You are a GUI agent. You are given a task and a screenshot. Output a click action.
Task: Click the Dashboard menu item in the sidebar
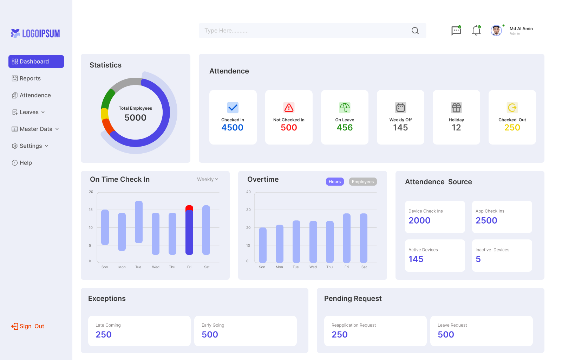point(36,62)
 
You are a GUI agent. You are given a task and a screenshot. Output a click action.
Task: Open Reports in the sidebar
point(30,78)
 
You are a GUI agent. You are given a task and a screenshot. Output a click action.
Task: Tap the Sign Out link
point(28,326)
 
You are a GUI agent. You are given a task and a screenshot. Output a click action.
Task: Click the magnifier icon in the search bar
point(415,31)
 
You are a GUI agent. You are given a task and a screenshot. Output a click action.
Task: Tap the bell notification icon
point(476,31)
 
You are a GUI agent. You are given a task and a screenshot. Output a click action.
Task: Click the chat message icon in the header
point(456,31)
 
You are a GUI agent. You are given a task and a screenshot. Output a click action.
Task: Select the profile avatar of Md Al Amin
point(496,31)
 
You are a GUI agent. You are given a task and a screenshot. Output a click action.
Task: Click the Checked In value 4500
point(232,128)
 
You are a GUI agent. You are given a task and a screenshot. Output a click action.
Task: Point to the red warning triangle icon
point(289,108)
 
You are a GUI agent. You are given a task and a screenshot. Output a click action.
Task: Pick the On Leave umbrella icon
point(345,108)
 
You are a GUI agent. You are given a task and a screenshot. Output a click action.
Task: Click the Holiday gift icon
point(456,108)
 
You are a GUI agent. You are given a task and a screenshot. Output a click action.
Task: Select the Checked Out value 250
point(512,128)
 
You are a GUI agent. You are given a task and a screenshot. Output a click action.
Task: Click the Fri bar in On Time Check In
point(189,230)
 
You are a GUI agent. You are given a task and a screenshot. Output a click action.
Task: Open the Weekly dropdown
point(207,179)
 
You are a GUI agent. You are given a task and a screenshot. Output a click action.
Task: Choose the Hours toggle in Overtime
point(335,182)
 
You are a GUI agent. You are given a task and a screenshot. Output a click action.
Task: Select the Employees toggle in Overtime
point(363,182)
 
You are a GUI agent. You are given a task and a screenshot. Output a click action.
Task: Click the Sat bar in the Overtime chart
point(364,238)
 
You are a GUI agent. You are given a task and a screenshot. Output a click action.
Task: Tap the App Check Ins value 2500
point(486,220)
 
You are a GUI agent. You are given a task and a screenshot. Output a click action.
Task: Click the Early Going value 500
point(210,335)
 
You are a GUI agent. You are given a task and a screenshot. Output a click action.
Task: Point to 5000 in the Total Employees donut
point(135,118)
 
